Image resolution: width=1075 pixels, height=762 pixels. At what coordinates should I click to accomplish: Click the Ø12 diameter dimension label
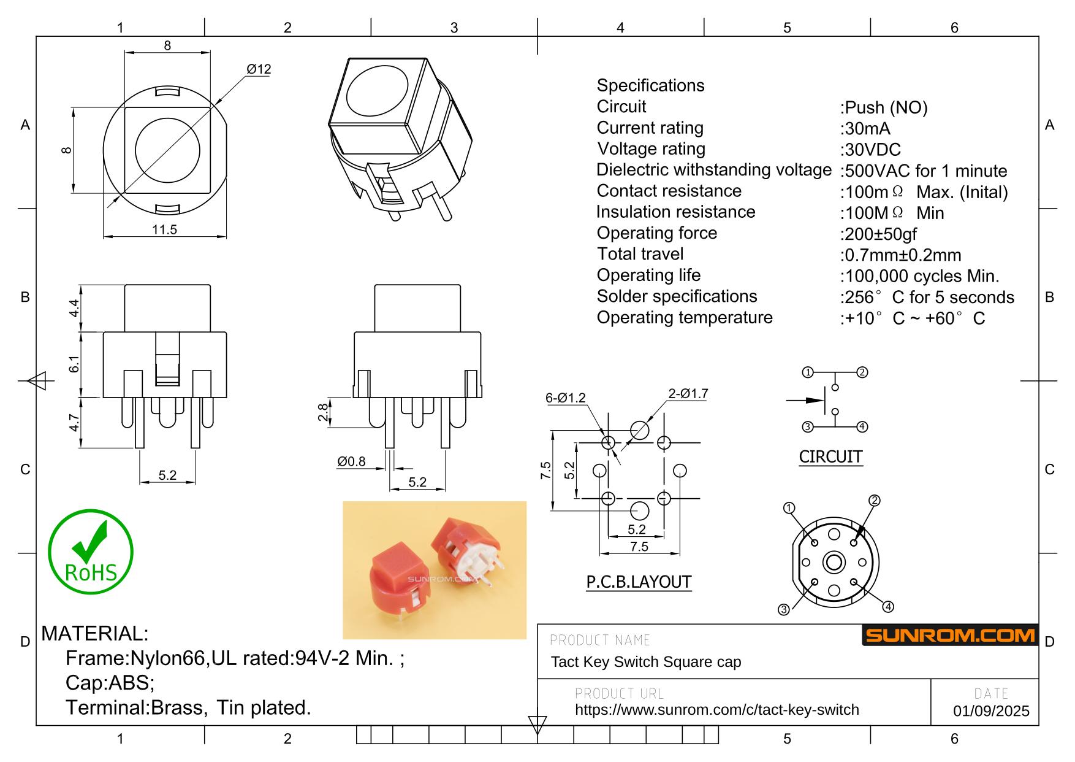(x=259, y=69)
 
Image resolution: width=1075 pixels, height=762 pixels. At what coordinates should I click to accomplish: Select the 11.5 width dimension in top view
(x=164, y=229)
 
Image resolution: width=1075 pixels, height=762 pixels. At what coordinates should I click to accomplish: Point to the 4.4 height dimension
(x=74, y=308)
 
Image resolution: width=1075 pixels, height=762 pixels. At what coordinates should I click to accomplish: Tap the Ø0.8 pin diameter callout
(x=351, y=461)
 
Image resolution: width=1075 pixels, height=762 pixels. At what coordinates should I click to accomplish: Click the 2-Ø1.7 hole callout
(x=688, y=394)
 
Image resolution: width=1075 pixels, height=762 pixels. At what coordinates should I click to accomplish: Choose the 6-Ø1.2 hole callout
(x=565, y=398)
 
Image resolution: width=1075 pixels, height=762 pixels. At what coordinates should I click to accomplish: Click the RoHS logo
(x=91, y=552)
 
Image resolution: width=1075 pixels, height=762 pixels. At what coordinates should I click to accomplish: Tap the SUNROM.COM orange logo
(x=949, y=636)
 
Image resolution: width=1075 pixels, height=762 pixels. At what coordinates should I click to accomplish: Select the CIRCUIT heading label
(x=830, y=457)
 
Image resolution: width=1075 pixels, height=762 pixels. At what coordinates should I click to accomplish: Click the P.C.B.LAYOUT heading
(x=639, y=582)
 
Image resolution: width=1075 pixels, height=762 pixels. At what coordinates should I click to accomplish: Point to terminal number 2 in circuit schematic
(x=862, y=372)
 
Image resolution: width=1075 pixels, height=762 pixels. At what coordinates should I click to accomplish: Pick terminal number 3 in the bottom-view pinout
(x=783, y=609)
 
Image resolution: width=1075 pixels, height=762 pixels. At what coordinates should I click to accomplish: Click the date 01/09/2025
(x=991, y=711)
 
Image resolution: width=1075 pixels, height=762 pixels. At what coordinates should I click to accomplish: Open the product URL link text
(x=716, y=710)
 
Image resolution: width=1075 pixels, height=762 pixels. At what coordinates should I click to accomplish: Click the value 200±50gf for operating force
(x=879, y=234)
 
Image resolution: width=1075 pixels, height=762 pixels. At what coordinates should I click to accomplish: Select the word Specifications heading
(x=650, y=85)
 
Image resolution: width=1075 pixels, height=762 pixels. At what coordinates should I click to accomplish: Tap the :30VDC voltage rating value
(x=870, y=150)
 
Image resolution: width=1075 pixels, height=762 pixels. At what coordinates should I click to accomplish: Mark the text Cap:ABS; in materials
(x=110, y=683)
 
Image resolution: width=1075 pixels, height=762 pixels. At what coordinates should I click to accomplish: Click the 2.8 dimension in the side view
(x=322, y=412)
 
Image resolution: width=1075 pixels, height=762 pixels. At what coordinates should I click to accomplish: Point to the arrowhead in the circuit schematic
(x=816, y=401)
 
